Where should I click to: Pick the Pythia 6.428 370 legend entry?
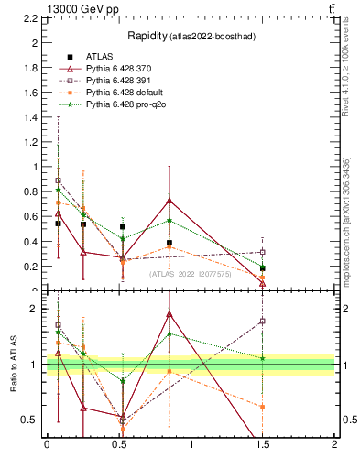tap(118, 69)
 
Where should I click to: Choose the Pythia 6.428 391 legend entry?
tap(118, 82)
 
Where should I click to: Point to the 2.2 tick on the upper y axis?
tap(31, 18)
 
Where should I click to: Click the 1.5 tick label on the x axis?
tap(263, 444)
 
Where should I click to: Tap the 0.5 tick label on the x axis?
tap(118, 444)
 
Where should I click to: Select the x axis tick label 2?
tap(334, 444)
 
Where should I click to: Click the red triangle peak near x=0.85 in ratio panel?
tap(169, 314)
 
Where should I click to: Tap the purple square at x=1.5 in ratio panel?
tap(263, 321)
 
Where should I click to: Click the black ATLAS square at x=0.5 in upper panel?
tap(122, 226)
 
